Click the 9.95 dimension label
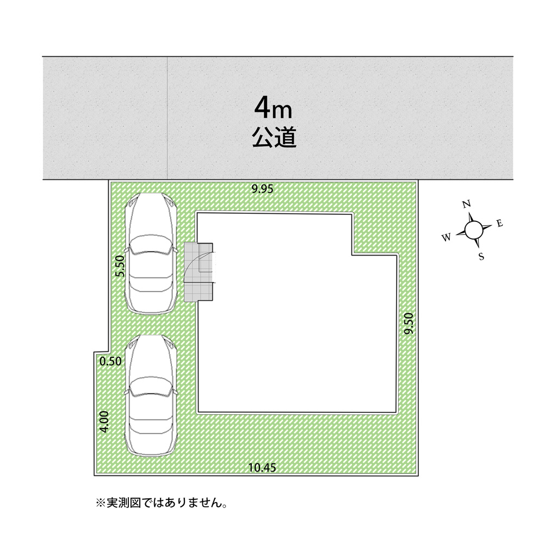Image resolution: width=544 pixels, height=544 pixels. tap(262, 189)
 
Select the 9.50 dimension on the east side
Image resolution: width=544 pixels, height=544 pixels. tap(410, 323)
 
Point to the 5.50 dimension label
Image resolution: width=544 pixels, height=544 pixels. tap(121, 267)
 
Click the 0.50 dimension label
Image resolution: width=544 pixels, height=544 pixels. tap(110, 361)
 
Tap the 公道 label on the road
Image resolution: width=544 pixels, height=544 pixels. tap(274, 138)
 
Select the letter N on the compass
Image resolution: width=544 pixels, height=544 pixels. tap(466, 205)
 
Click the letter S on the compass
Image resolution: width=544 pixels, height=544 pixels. tap(481, 257)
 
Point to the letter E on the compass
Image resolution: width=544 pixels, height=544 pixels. tap(499, 223)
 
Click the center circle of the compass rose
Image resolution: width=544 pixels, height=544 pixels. tap(473, 230)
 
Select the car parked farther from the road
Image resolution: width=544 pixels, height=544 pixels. tap(151, 394)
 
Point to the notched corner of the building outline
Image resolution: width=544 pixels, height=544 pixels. tap(353, 254)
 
